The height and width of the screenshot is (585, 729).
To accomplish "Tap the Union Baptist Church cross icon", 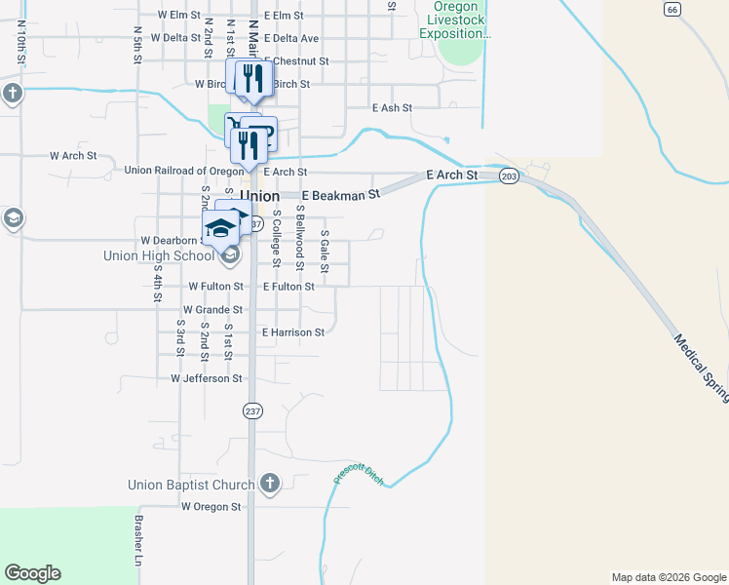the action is [x=270, y=484].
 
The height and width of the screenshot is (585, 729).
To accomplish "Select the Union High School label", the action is [x=159, y=256].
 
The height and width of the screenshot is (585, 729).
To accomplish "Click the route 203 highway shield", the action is [x=509, y=176].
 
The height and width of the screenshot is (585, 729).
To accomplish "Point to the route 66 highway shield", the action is [x=671, y=9].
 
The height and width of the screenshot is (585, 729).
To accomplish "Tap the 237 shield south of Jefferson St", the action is [x=252, y=410].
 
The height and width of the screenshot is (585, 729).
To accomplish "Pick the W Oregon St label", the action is [x=211, y=507].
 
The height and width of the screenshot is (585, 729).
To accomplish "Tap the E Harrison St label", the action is [x=292, y=332].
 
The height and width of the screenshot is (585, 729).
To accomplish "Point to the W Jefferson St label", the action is [x=206, y=378].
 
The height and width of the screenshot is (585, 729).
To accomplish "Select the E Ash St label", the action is [x=392, y=107].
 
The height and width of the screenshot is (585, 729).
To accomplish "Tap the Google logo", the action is [x=32, y=573].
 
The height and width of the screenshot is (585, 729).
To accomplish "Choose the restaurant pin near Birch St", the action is [x=253, y=79].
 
